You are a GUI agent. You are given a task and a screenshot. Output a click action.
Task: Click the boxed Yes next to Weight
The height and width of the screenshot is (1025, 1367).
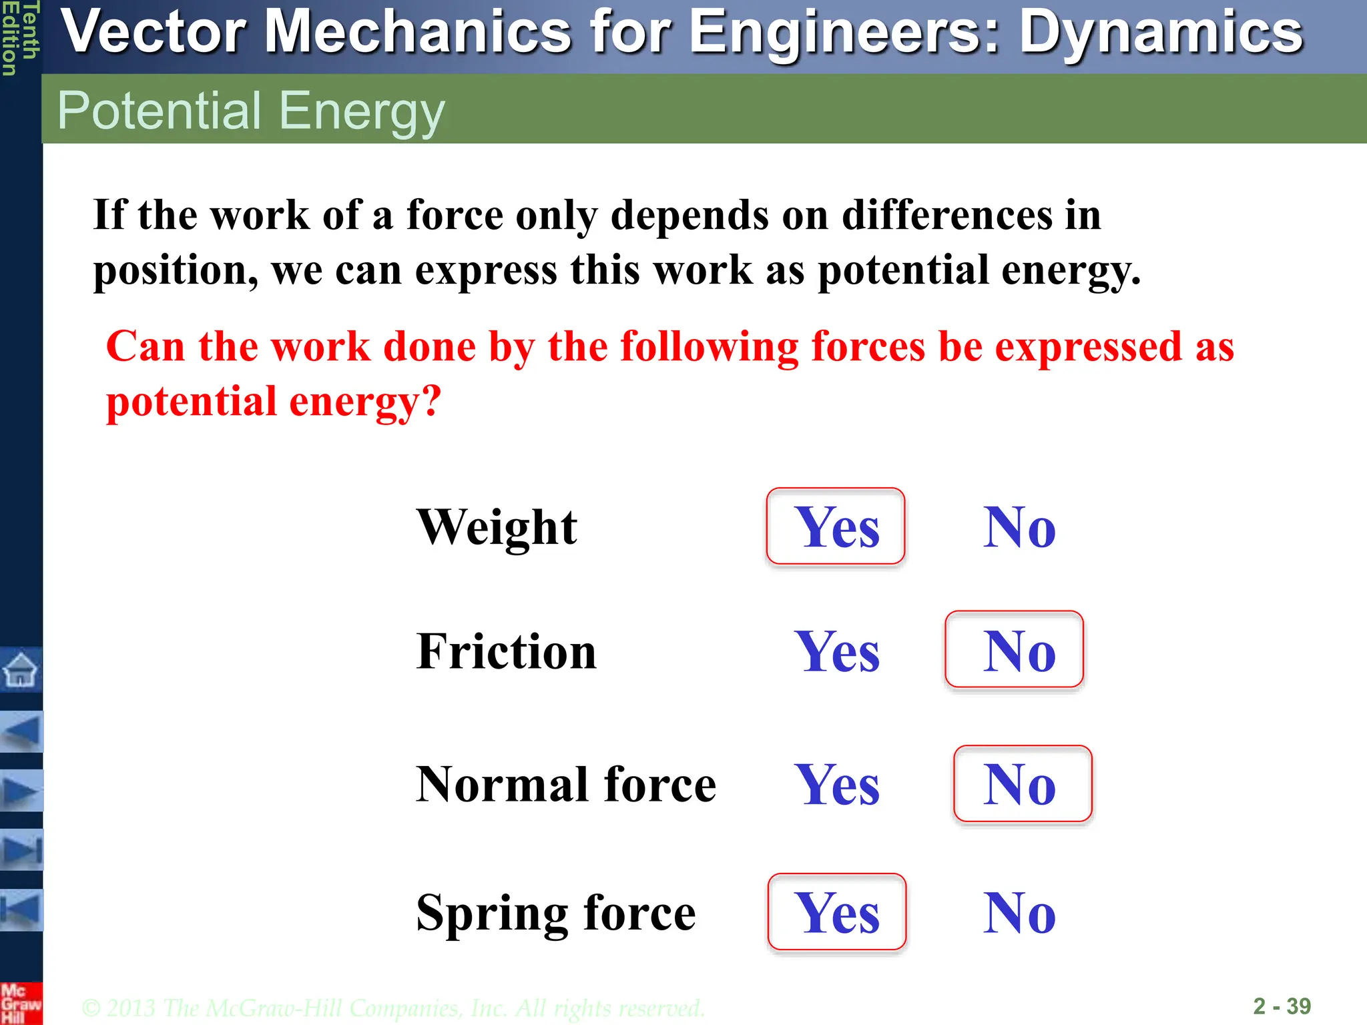click(836, 527)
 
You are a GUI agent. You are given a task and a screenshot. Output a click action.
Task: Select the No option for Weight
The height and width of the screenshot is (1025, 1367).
click(1019, 527)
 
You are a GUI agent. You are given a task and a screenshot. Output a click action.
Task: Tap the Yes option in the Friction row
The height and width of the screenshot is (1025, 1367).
click(837, 651)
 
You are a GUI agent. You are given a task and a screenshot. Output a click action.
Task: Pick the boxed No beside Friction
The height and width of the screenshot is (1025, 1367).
click(1015, 650)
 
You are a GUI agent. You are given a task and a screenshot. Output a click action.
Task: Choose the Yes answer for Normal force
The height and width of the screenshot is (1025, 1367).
click(837, 785)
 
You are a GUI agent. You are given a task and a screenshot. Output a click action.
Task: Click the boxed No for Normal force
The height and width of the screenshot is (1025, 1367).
click(1023, 784)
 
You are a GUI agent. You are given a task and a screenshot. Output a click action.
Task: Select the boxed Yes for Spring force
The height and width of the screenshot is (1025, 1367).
click(837, 912)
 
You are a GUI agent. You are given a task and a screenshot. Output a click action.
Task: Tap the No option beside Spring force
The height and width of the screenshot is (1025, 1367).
click(1019, 913)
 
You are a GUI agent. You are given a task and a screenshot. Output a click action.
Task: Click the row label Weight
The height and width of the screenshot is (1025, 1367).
click(497, 527)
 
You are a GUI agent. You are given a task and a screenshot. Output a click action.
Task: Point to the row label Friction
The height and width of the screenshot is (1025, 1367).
click(506, 651)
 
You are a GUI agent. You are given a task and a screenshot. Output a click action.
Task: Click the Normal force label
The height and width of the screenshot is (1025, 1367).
click(565, 784)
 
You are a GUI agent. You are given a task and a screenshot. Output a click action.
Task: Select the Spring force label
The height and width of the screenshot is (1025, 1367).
click(555, 912)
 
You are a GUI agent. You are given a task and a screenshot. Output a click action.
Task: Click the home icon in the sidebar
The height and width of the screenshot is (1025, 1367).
click(21, 669)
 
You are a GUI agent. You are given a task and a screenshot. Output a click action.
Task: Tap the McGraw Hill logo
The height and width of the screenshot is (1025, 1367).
click(21, 1003)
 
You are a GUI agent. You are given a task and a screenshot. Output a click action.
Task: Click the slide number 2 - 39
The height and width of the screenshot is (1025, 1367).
click(1282, 1006)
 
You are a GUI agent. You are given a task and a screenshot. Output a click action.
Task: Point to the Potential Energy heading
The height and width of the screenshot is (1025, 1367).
click(250, 110)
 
